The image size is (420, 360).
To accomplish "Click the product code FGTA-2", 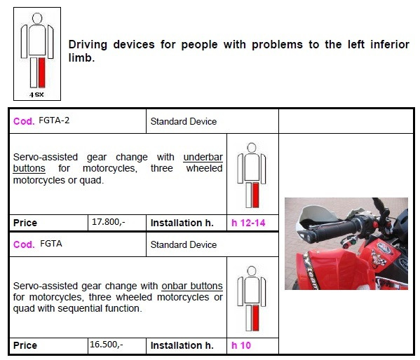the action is pos(54,120).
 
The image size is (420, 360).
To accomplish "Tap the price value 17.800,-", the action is pos(108,222).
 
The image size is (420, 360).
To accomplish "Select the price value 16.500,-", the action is pos(107,345).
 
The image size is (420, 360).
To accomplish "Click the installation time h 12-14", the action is pos(248,223).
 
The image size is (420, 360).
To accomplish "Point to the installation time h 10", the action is pos(241,345).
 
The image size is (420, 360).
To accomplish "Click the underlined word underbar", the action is pos(203,157).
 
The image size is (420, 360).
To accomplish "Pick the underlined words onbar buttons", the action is pos(192,286).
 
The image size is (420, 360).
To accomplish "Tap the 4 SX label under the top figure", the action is pos(36,95).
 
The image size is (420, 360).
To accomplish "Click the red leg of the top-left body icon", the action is pos(42,73).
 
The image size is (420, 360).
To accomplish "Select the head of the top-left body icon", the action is pos(37,18).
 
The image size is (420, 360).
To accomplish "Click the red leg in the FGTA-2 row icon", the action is pos(255,195).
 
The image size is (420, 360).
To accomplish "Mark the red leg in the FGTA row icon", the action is pos(255,318).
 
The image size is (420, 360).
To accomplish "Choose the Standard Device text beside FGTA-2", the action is pos(184,121).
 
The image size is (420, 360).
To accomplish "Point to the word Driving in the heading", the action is pos(88,45).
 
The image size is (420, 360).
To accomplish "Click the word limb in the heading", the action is pos(81,57).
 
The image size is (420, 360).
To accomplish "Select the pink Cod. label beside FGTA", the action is pos(24,244).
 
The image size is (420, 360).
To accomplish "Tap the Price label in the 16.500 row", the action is pos(25,345).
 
